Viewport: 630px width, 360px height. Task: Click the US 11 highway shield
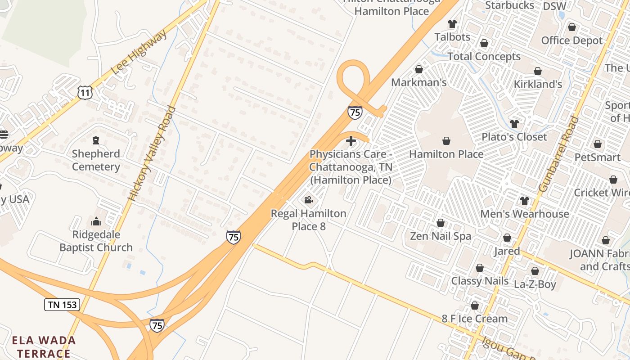(85, 92)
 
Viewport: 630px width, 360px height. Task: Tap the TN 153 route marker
(63, 305)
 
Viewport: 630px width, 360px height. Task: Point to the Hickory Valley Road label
(153, 153)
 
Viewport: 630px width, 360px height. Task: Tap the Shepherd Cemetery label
(96, 160)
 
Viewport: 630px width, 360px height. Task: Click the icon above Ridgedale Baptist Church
(96, 221)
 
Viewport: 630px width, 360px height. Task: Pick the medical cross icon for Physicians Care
(351, 141)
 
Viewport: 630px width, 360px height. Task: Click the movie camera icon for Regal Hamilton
(308, 200)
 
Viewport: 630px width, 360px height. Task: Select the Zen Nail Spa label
(441, 236)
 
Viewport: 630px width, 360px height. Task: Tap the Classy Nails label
(480, 281)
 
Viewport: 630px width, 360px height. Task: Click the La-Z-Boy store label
(535, 284)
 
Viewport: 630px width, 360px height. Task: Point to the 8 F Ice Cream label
(474, 319)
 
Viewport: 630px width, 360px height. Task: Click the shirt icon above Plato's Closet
(514, 123)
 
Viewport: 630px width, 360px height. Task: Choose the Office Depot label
(571, 40)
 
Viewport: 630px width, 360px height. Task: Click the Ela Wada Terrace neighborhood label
(44, 346)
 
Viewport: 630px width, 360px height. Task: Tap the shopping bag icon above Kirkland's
(538, 71)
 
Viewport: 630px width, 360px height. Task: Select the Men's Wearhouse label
(525, 214)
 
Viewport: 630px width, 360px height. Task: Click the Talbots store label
(452, 37)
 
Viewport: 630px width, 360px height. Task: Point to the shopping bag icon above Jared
(507, 238)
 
